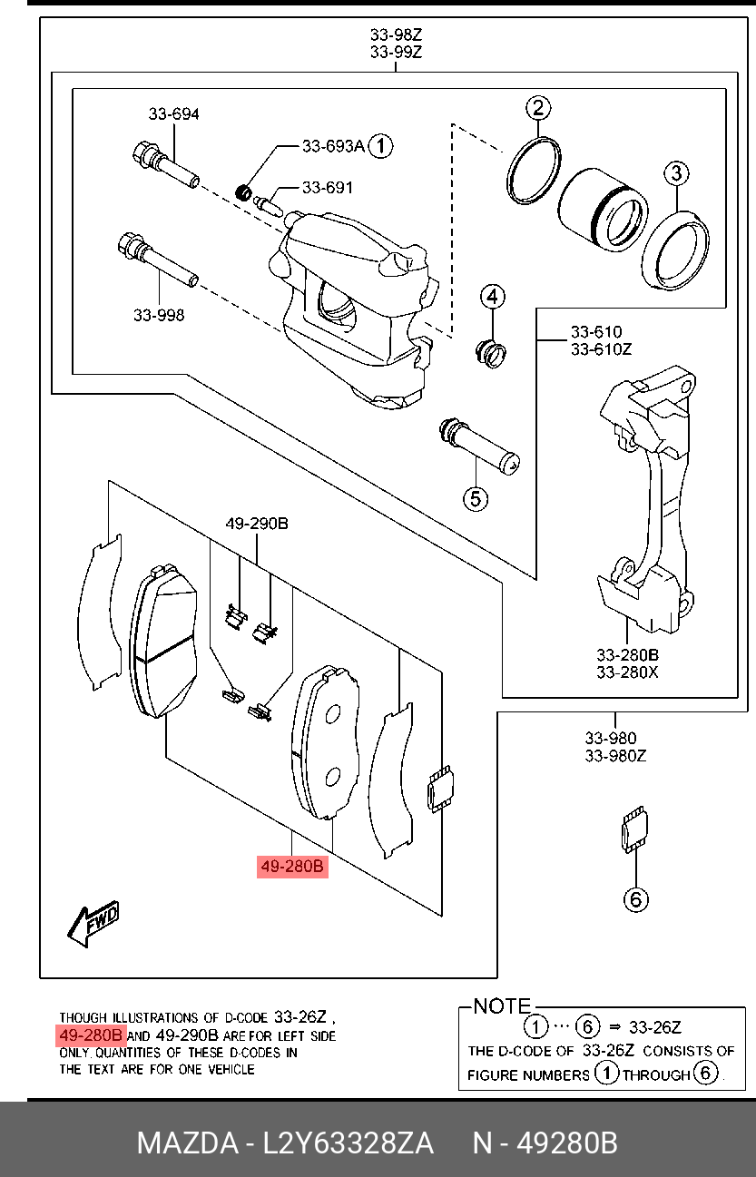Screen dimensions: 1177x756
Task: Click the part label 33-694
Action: (174, 114)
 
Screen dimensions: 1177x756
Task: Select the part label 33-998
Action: (159, 315)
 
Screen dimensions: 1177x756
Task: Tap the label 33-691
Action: (328, 188)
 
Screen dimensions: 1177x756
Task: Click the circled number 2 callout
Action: (537, 109)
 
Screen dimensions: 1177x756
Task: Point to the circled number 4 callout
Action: (492, 297)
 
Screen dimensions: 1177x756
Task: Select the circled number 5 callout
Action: (476, 497)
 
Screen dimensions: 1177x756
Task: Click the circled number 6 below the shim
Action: (635, 898)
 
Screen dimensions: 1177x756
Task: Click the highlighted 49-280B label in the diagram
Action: (292, 867)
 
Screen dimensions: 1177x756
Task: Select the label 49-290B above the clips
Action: (257, 524)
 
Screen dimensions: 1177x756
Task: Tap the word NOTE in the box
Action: (502, 1005)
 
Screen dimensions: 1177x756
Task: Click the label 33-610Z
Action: (601, 348)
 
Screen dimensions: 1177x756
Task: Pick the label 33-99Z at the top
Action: (397, 53)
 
